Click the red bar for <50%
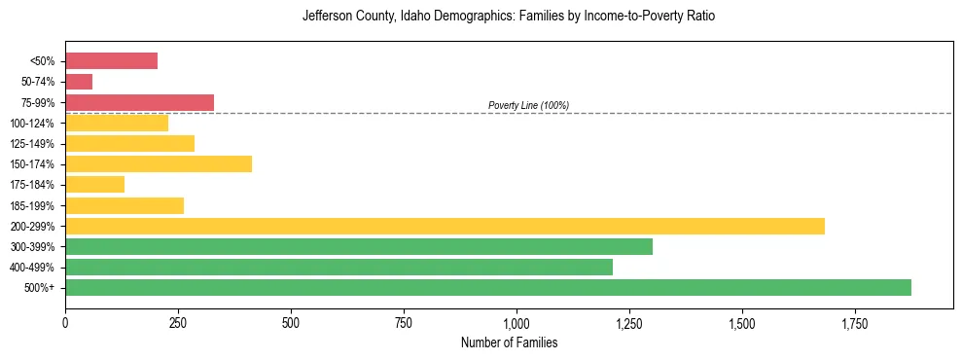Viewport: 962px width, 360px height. click(111, 61)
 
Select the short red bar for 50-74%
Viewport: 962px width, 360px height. click(79, 82)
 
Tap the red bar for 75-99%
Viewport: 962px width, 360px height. click(139, 102)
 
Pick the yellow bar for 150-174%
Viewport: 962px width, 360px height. click(159, 163)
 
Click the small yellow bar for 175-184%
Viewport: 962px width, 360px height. click(94, 184)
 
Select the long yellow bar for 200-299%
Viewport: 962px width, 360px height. click(445, 226)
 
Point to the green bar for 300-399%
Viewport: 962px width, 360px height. click(359, 246)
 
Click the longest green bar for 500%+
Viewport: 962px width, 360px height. click(488, 287)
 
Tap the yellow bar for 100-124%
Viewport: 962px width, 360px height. click(117, 123)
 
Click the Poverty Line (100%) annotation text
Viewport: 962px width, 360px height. click(528, 105)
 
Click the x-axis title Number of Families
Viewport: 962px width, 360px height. click(509, 343)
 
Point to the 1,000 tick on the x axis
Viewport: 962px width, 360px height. click(517, 322)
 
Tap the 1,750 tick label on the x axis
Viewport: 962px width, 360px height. click(855, 322)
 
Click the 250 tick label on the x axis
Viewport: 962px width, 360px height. click(178, 322)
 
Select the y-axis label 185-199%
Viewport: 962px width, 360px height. click(32, 205)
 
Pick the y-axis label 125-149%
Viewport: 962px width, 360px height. click(32, 144)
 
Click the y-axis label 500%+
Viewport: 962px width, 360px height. click(40, 288)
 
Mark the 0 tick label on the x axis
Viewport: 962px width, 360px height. click(65, 322)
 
